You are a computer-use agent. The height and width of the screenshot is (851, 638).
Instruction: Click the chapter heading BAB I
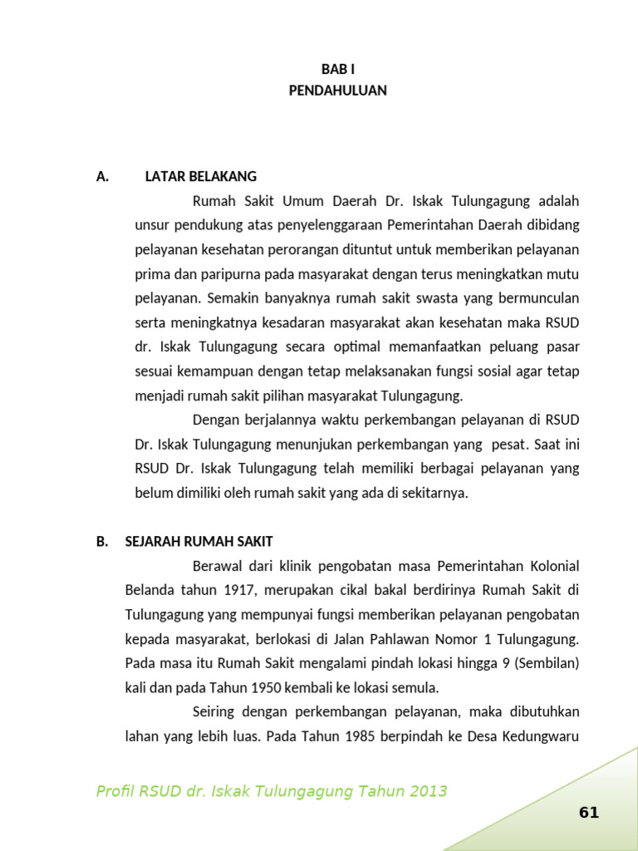click(338, 70)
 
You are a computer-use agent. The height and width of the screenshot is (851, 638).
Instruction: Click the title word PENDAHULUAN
click(338, 91)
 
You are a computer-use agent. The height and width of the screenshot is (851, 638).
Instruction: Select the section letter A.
click(103, 176)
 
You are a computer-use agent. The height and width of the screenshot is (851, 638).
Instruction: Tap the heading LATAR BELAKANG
click(201, 176)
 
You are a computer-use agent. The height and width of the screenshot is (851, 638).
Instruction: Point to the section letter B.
click(103, 541)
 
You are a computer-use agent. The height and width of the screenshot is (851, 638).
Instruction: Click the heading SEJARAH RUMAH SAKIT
click(199, 541)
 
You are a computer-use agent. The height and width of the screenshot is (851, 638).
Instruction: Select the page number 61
click(589, 813)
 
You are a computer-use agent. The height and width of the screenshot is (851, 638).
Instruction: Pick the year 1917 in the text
click(237, 590)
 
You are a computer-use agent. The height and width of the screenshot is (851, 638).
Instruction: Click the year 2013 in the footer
click(428, 791)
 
